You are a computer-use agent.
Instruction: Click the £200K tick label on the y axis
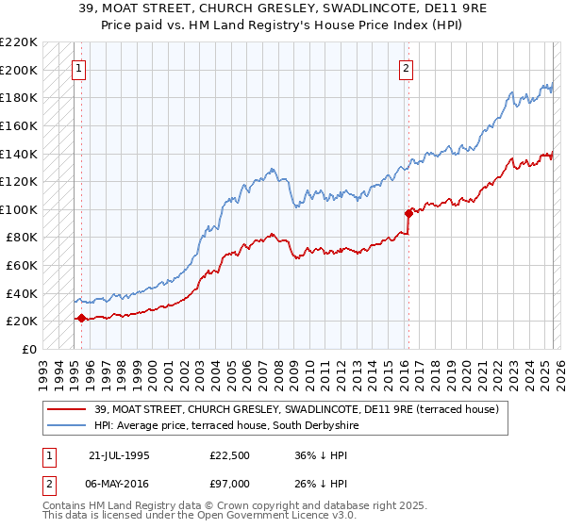pos(19,70)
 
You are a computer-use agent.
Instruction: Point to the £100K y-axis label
pos(19,209)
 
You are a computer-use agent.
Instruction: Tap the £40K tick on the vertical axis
pos(22,293)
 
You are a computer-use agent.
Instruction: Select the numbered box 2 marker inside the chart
pos(406,68)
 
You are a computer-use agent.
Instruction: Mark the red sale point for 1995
pos(81,318)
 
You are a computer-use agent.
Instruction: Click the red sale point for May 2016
pos(408,213)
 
